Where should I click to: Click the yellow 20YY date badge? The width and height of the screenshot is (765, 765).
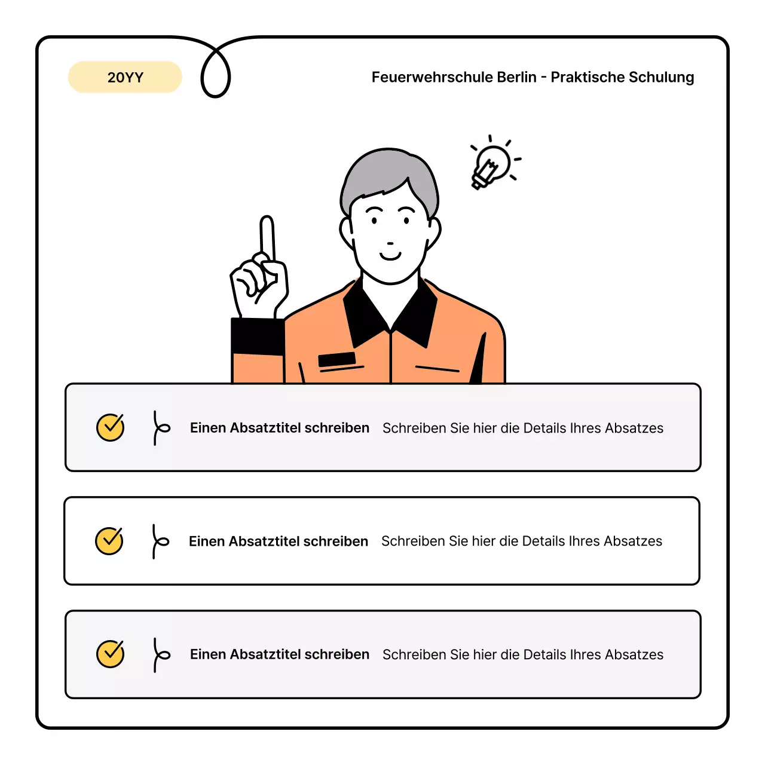click(x=125, y=77)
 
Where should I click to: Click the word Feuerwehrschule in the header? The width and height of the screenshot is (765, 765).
click(x=423, y=77)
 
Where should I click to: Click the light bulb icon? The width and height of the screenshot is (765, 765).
click(x=492, y=164)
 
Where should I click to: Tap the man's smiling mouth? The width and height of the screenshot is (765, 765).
click(x=390, y=256)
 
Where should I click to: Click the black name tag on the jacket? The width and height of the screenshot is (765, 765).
click(x=336, y=359)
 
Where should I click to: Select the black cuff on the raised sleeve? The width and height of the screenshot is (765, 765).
click(x=257, y=336)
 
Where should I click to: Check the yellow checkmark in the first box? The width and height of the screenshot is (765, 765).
click(x=111, y=427)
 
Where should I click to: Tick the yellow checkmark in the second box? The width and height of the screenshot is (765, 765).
click(x=109, y=541)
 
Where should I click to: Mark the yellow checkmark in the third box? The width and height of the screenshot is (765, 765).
click(x=111, y=654)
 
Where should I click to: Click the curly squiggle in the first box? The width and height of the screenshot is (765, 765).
click(x=160, y=428)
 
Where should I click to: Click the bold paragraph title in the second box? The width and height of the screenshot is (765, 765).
click(x=278, y=541)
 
